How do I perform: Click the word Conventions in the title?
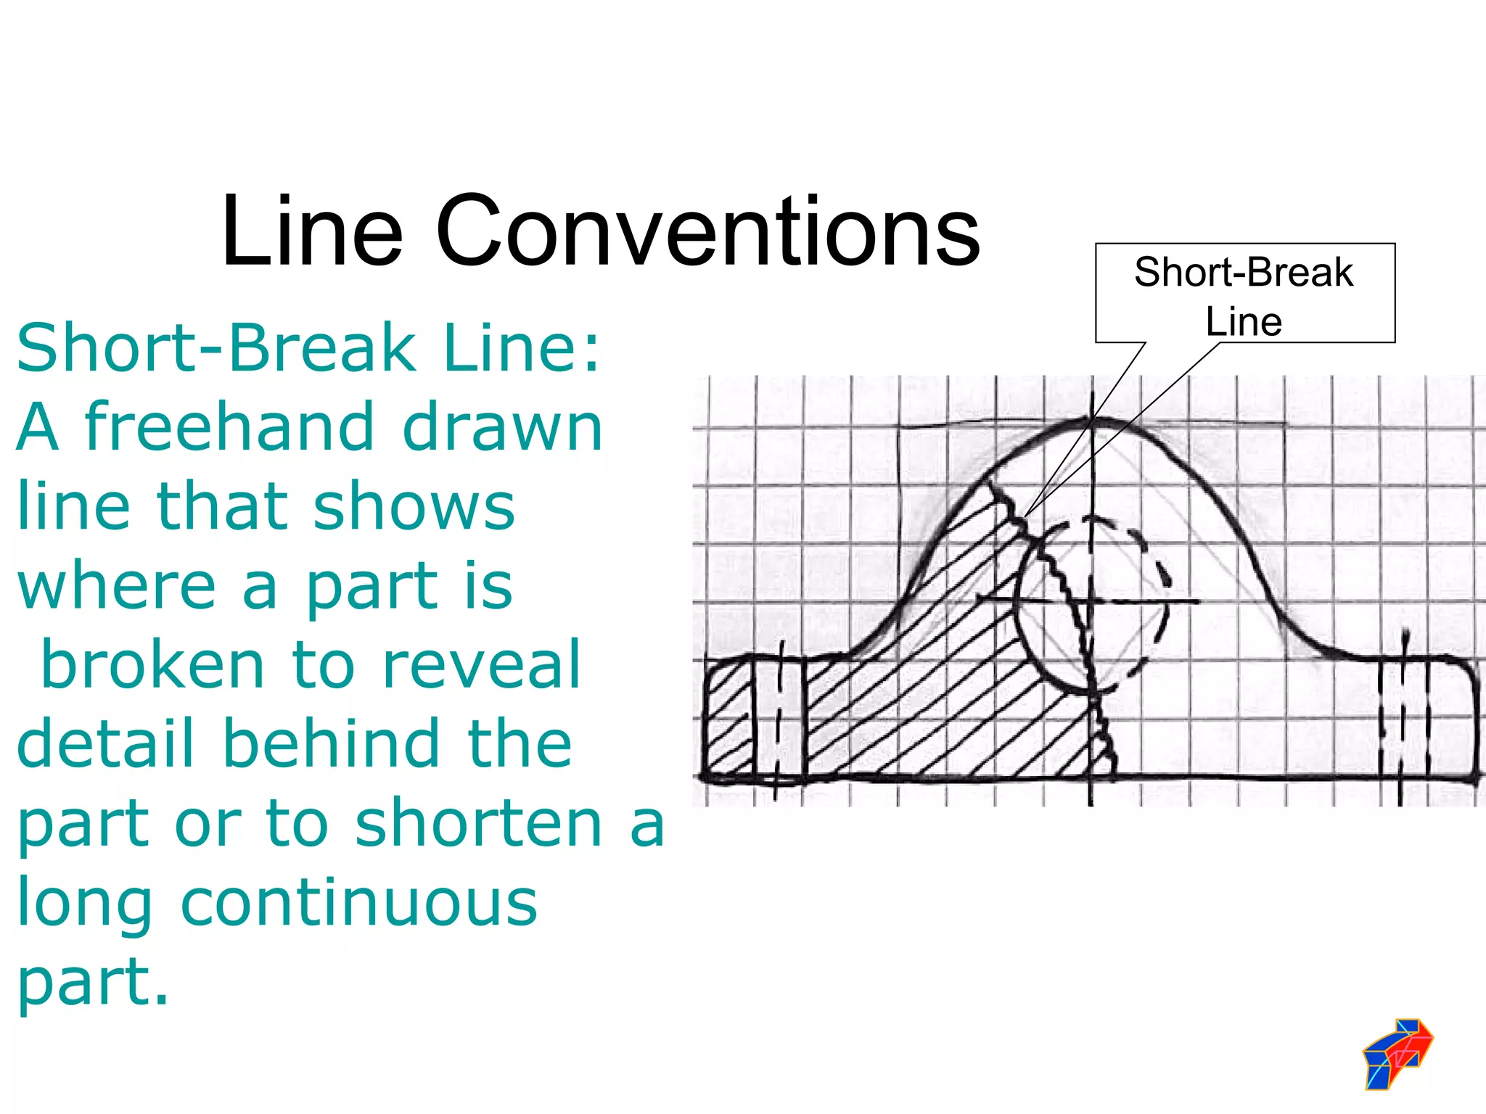(707, 232)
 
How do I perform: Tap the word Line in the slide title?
(312, 232)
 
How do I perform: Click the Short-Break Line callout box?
(1244, 294)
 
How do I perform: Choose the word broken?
(153, 665)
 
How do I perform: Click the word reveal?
(481, 665)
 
